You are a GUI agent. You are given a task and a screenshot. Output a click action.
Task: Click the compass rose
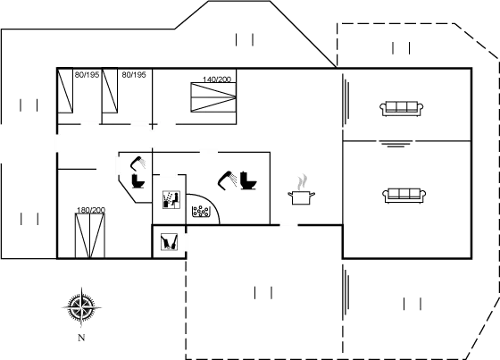coord(81,307)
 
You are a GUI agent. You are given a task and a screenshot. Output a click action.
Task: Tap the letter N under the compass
coord(81,338)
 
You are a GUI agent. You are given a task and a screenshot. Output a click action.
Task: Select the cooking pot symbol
coord(302,197)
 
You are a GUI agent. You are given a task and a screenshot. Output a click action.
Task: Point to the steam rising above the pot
coord(303,182)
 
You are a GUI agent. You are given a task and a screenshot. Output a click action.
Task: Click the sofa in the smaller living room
coord(401,108)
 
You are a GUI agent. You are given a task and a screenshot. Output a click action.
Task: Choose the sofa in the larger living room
coord(404,196)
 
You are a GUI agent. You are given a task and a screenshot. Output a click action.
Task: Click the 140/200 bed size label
coord(217,80)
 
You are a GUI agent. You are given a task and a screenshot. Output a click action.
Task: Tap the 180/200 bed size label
coord(91,210)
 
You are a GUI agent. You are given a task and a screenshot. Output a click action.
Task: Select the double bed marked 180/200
coord(90,236)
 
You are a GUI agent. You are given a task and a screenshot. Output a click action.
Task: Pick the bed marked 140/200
coord(213,97)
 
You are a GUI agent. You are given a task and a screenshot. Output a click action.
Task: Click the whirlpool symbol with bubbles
coord(201,211)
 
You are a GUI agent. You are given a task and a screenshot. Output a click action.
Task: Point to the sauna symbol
coord(171,200)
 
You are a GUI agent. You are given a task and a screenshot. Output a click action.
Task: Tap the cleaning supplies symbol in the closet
coord(169,242)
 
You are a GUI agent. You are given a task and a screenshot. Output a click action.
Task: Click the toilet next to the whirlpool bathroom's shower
coord(248,180)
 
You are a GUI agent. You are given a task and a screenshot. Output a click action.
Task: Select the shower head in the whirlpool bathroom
coord(227,180)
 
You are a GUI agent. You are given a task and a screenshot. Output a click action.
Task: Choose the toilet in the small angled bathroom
coord(138,180)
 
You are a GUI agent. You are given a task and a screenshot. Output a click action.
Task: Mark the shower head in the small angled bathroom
coord(137,163)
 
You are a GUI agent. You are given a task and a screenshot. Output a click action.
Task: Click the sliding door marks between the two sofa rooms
coord(396,144)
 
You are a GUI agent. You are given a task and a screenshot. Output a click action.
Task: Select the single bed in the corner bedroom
coord(65,90)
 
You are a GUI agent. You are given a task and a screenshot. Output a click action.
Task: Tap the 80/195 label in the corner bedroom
coord(87,75)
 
